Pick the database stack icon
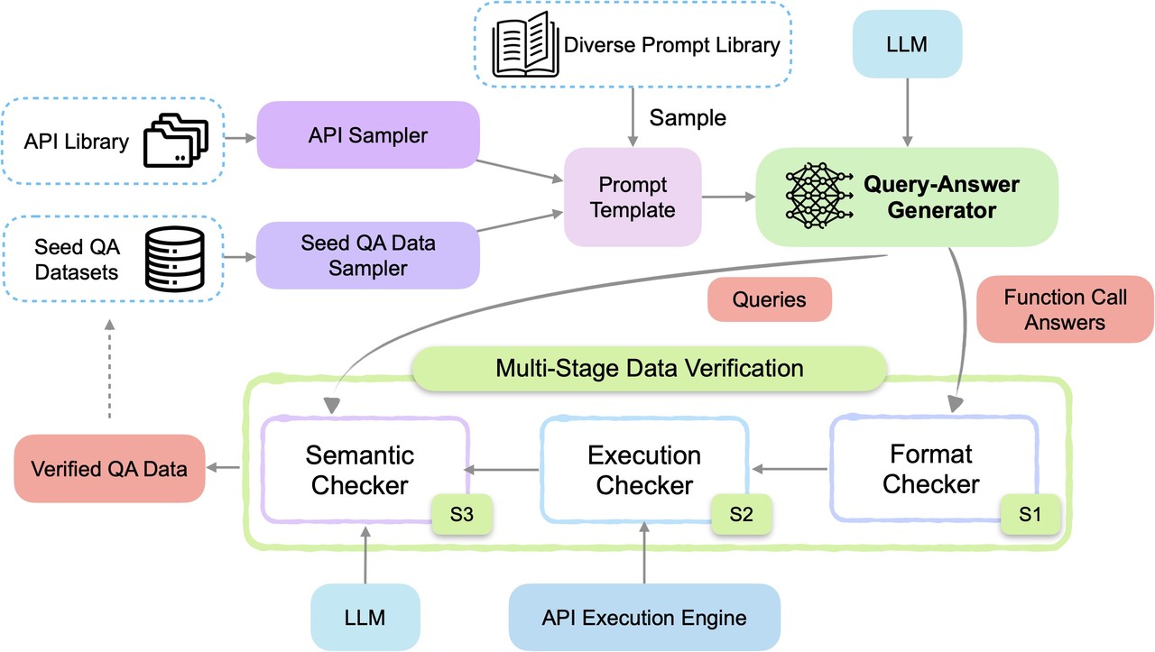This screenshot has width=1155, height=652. pos(171,257)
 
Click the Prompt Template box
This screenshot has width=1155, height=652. pos(633,197)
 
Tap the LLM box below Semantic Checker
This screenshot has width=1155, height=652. pos(365,618)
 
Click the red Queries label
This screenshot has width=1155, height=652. pos(769,298)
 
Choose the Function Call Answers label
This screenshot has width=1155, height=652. pos(1065,308)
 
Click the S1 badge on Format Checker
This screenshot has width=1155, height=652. pos(1030,513)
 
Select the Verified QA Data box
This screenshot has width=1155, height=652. pos(109,468)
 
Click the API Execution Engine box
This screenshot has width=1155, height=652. pos(644,618)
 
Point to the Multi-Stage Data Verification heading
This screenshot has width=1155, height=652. pos(649,368)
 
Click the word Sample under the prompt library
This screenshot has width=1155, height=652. pos(688,118)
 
